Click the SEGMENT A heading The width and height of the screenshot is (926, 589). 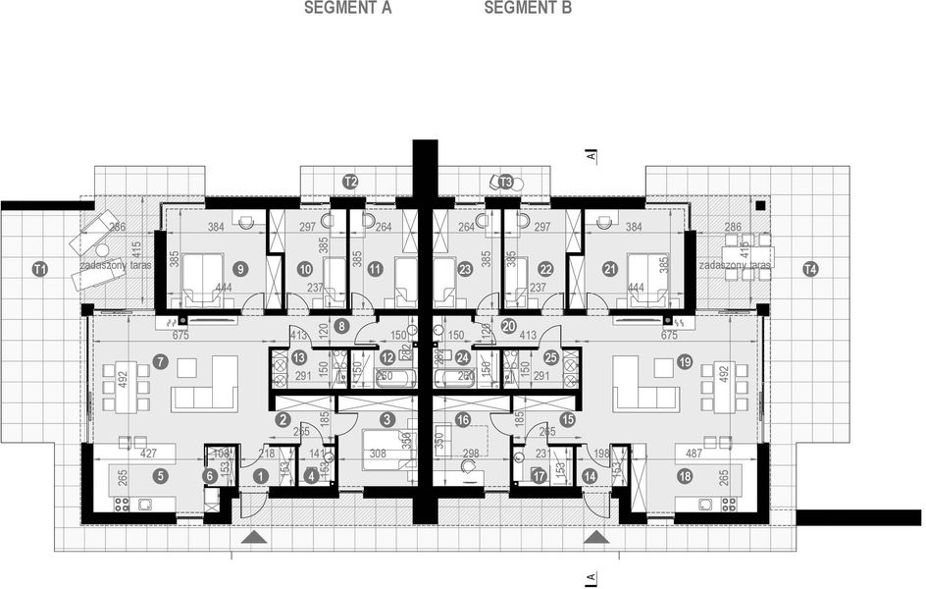point(347,9)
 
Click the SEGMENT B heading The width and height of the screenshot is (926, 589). point(528,9)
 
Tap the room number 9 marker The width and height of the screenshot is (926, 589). point(240,268)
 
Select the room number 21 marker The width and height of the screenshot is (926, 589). point(609,268)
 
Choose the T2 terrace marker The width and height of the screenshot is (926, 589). point(350,182)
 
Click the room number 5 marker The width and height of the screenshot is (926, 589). point(161,475)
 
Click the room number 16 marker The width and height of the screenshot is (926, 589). point(463,419)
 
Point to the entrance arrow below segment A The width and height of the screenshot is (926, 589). point(254,537)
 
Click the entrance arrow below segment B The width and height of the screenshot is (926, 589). point(592,537)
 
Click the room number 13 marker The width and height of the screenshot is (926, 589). point(298,357)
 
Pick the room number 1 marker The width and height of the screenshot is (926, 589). point(260,475)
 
